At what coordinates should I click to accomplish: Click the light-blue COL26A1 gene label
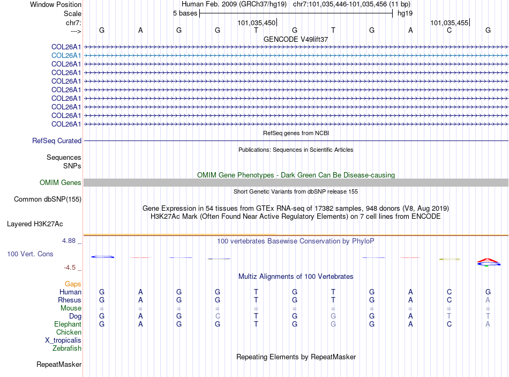(66, 55)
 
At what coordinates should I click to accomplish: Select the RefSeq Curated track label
(57, 141)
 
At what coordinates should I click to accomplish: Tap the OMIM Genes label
(61, 183)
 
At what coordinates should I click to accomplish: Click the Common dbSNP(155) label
(47, 199)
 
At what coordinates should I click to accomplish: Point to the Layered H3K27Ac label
(35, 224)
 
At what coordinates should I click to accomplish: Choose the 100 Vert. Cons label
(30, 254)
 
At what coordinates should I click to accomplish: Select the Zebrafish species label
(67, 349)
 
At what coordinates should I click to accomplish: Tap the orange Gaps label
(73, 284)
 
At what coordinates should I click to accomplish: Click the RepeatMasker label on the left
(59, 365)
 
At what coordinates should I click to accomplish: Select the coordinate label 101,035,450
(257, 23)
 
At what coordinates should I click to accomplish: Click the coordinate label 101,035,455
(449, 23)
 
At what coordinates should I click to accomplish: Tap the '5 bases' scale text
(185, 13)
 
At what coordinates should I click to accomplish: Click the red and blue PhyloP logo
(488, 262)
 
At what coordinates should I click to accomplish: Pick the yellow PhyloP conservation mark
(449, 259)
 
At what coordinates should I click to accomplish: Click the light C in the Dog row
(218, 316)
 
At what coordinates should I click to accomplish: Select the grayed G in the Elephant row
(333, 324)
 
